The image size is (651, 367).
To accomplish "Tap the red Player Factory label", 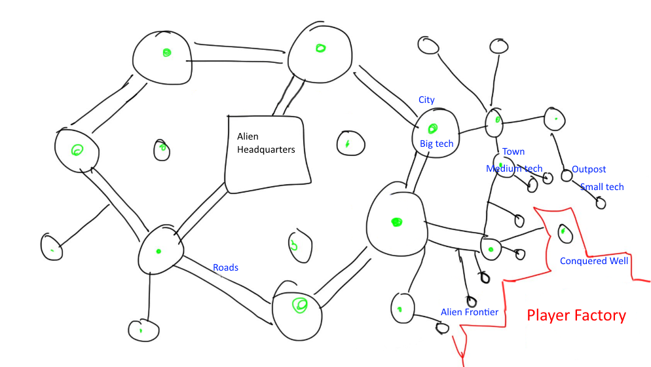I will pyautogui.click(x=576, y=316).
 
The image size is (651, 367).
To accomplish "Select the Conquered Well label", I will pyautogui.click(x=594, y=261).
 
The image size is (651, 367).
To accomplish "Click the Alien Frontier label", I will pyautogui.click(x=469, y=312).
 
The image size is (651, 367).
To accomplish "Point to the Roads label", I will pyautogui.click(x=225, y=267).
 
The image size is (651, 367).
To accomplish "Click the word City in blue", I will pyautogui.click(x=426, y=100).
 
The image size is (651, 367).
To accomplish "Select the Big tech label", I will pyautogui.click(x=436, y=144).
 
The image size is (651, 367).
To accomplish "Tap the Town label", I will pyautogui.click(x=513, y=151).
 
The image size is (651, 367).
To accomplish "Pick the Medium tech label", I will pyautogui.click(x=514, y=168).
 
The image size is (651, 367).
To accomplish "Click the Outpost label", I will pyautogui.click(x=589, y=169).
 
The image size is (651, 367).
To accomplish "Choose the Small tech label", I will pyautogui.click(x=602, y=187).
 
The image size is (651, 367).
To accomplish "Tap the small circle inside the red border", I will pyautogui.click(x=563, y=231).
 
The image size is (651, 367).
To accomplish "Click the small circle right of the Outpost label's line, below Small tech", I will pyautogui.click(x=601, y=203).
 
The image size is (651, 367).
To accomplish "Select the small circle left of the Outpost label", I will pyautogui.click(x=566, y=176).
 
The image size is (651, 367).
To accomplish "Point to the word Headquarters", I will pyautogui.click(x=266, y=149).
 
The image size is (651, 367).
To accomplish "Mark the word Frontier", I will pyautogui.click(x=482, y=312).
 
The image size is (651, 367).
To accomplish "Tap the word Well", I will pyautogui.click(x=618, y=261).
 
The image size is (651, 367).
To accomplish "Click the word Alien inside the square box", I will pyautogui.click(x=248, y=137).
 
